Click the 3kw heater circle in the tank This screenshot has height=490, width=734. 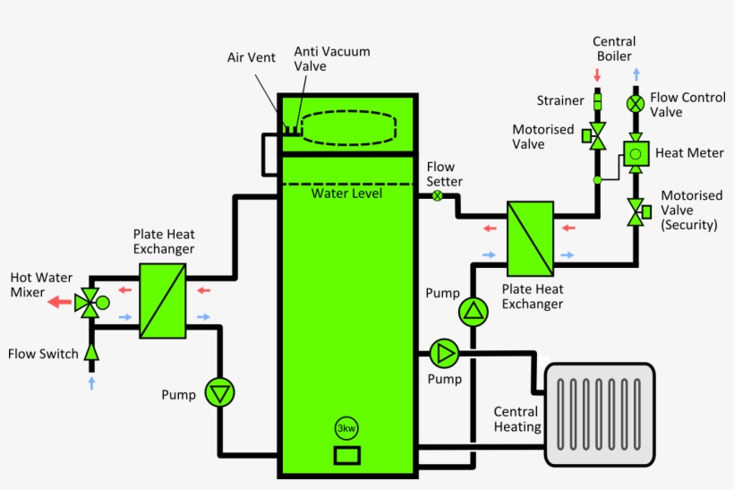click(x=346, y=428)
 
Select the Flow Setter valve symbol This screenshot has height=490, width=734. click(x=438, y=196)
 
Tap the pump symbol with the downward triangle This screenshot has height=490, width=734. click(x=219, y=392)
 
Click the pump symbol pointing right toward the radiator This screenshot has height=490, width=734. click(x=443, y=353)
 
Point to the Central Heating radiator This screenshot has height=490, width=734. click(x=600, y=414)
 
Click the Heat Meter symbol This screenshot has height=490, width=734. click(x=636, y=153)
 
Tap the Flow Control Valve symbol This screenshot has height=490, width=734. click(x=636, y=103)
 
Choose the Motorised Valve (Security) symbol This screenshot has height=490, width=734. click(x=636, y=213)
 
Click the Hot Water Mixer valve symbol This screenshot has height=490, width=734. click(x=88, y=303)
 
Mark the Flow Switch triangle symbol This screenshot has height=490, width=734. click(x=90, y=353)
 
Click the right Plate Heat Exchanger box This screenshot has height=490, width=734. click(x=530, y=238)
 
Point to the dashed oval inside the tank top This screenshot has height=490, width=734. click(x=346, y=126)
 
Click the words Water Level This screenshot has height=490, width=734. click(x=346, y=193)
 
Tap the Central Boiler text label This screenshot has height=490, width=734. click(x=614, y=49)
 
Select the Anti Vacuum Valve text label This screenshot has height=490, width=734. click(x=331, y=58)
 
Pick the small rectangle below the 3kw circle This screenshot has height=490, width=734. click(x=346, y=455)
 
